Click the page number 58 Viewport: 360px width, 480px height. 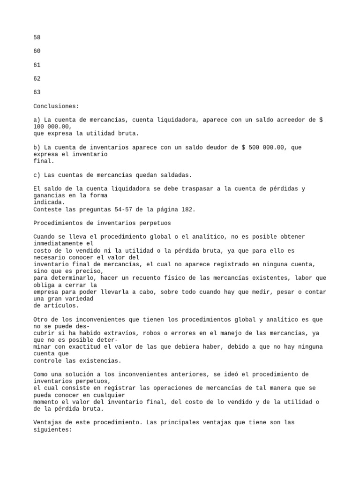point(37,37)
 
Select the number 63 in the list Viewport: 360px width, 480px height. point(37,92)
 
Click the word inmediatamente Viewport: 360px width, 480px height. point(58,244)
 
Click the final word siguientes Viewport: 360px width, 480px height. point(51,429)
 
